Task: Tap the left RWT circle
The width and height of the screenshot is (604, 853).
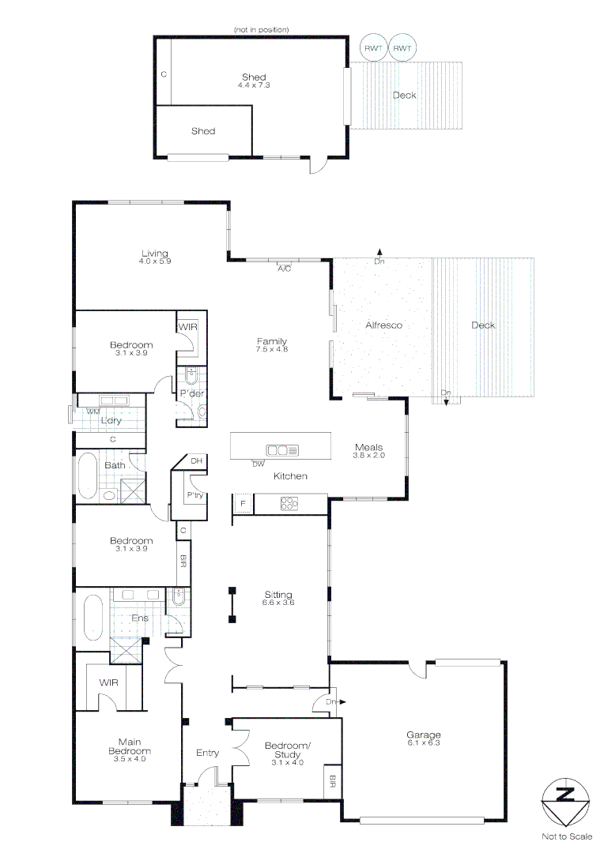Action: [372, 48]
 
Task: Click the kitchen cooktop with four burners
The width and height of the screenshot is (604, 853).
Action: [289, 502]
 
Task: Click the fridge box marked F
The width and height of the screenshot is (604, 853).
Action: [242, 503]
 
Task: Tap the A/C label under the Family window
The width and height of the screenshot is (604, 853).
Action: [285, 269]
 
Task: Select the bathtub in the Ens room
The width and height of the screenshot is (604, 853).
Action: [93, 618]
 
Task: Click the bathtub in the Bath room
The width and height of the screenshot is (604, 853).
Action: [86, 474]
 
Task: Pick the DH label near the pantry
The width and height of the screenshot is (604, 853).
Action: [197, 461]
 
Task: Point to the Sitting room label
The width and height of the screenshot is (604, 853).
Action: [278, 595]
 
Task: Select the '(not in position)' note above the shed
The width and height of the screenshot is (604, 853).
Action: [261, 29]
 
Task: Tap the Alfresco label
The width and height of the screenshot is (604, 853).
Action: [384, 325]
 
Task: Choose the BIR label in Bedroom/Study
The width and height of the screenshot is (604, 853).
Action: [331, 783]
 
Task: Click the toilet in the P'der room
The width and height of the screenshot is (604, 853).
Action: [201, 411]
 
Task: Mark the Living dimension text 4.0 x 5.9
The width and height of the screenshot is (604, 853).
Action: [155, 261]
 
